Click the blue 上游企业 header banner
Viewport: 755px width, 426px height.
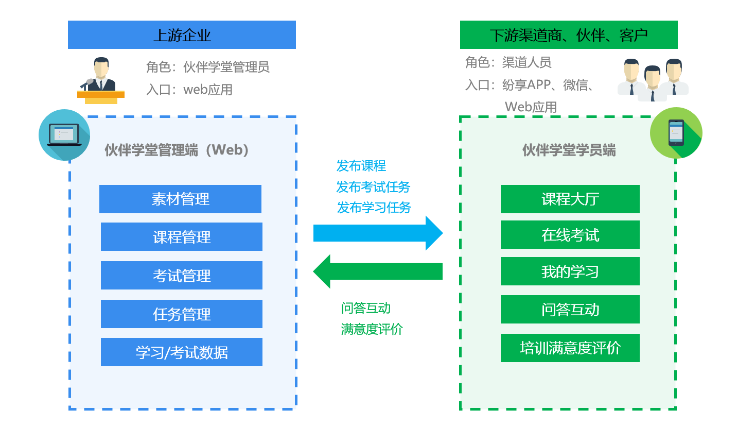pos(182,35)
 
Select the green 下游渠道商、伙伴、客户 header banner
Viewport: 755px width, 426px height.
pos(569,35)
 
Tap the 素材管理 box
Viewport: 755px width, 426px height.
pos(180,199)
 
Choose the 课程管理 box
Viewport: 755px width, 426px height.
pos(182,236)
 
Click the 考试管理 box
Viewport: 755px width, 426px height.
pos(182,275)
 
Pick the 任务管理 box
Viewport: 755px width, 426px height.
pos(182,314)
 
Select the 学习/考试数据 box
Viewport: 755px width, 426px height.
pos(182,352)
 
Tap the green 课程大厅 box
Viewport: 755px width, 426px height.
pos(570,199)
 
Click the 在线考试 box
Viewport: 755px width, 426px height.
pos(570,235)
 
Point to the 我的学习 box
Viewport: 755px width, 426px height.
pos(570,271)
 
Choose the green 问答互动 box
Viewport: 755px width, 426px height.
pos(570,309)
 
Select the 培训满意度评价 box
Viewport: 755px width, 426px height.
pos(570,348)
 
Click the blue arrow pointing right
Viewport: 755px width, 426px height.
pos(378,233)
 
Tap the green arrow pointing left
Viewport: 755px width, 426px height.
pos(378,271)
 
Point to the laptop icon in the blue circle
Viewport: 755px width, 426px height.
pos(64,135)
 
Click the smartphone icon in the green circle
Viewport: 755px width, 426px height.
pos(676,132)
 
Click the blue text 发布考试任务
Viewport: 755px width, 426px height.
pos(373,187)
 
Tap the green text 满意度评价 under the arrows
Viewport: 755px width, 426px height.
pos(372,329)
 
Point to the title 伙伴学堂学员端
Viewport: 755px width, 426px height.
pos(569,150)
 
